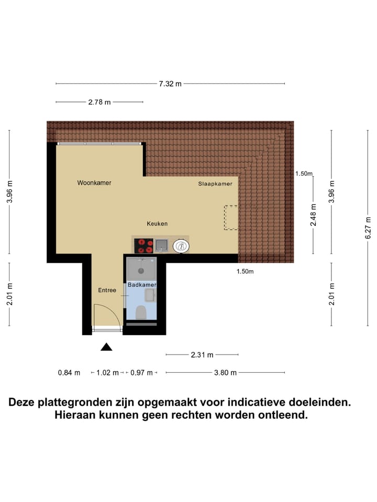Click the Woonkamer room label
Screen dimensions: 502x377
pyautogui.click(x=94, y=183)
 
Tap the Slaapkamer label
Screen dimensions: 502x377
pyautogui.click(x=215, y=184)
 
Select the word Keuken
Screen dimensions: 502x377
pyautogui.click(x=157, y=224)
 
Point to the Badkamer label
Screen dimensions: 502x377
pyautogui.click(x=142, y=284)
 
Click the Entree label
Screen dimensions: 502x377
pyautogui.click(x=107, y=290)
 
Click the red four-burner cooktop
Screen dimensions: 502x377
pyautogui.click(x=144, y=245)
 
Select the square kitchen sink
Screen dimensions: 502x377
pyautogui.click(x=162, y=245)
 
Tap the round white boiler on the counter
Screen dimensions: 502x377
pyautogui.click(x=181, y=245)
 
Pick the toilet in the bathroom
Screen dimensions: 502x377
pyautogui.click(x=141, y=313)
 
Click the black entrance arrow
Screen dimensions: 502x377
pyautogui.click(x=106, y=346)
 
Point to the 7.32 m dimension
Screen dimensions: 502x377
pyautogui.click(x=171, y=84)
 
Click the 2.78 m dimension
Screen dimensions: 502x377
pyautogui.click(x=99, y=102)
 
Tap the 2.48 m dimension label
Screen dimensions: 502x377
pyautogui.click(x=313, y=215)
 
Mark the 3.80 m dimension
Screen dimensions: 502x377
pyautogui.click(x=226, y=372)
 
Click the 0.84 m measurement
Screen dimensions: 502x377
pyautogui.click(x=69, y=372)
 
